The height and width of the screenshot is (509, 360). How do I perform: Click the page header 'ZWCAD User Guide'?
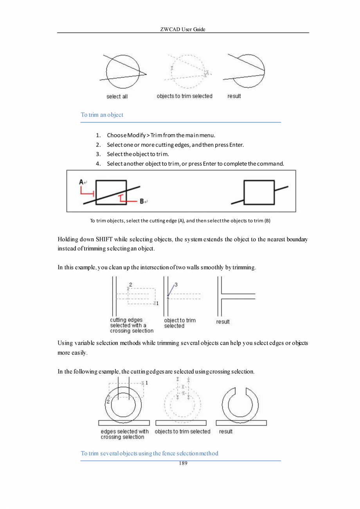pos(183,29)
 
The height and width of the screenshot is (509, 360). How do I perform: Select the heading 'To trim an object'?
pos(102,115)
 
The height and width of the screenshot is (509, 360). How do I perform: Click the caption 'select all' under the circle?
pos(117,96)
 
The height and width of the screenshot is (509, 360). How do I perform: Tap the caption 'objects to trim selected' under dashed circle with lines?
pos(184,96)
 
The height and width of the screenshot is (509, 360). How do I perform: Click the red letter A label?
pos(81,182)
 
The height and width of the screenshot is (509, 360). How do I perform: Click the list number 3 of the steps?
pos(99,154)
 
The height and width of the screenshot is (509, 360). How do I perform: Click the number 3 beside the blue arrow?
pos(176,285)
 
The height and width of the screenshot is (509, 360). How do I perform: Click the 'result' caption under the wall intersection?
pos(223,321)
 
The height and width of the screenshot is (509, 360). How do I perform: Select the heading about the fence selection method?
pos(149,453)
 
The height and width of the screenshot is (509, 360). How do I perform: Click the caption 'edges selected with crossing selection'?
pos(124,434)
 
